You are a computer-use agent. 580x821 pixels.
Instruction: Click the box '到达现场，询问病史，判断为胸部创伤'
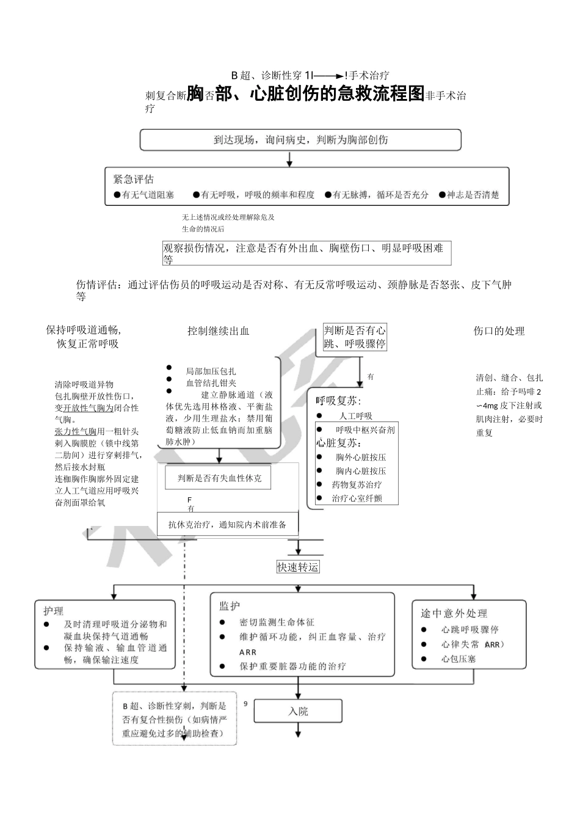(300, 140)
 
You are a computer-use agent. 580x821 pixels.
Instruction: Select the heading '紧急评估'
(133, 179)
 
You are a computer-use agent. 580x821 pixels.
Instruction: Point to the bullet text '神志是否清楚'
(473, 195)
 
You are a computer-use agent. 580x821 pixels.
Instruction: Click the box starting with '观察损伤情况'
(306, 253)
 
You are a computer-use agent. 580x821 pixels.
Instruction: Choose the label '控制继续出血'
(219, 331)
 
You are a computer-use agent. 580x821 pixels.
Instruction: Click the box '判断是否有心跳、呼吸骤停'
(355, 337)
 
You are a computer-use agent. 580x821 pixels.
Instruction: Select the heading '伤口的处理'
(499, 331)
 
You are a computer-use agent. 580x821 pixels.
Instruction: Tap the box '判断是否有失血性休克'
(219, 478)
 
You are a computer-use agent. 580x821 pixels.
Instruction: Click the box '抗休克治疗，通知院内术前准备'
(227, 525)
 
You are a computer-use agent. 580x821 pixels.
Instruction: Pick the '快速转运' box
(298, 567)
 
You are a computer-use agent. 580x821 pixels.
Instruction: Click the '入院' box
(298, 711)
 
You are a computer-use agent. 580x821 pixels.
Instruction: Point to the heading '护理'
(53, 610)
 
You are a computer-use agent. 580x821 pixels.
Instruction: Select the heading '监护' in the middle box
(230, 606)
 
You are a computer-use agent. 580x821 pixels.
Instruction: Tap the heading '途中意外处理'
(454, 613)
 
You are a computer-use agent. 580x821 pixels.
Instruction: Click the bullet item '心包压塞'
(459, 659)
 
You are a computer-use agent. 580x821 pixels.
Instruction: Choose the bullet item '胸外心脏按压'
(361, 457)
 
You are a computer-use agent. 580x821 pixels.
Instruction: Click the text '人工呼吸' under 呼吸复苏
(355, 416)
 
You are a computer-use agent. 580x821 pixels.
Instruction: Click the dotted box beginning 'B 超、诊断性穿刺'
(175, 719)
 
